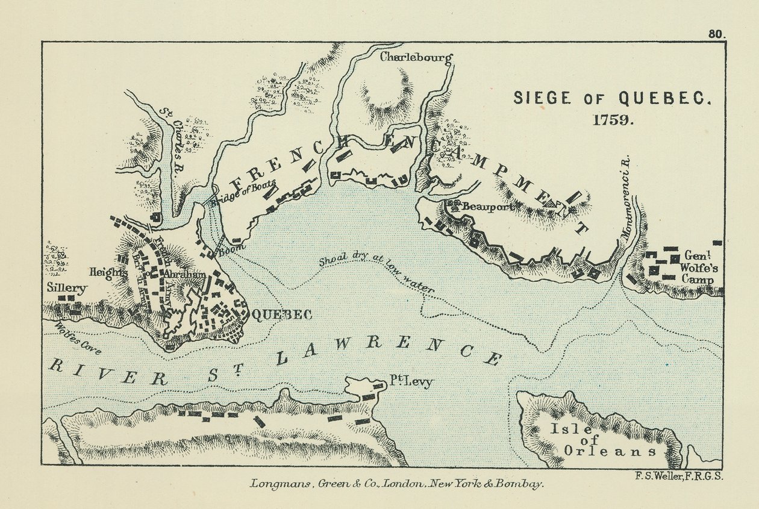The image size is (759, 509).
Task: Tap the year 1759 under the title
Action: pos(612,119)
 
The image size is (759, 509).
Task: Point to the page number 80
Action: pos(716,34)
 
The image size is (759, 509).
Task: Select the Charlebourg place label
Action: pos(416,58)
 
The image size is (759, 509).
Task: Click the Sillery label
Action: pos(66,288)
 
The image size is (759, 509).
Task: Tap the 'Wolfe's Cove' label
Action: pos(77,339)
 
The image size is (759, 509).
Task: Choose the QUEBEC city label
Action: pos(281,314)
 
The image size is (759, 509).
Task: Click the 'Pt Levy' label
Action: pos(410,382)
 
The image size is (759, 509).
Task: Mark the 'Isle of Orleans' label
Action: pos(608,440)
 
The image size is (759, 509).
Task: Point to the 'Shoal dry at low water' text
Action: pos(376,272)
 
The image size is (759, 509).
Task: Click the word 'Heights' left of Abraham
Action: pos(108,272)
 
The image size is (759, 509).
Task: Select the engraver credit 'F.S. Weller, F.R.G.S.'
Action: pos(679,476)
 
